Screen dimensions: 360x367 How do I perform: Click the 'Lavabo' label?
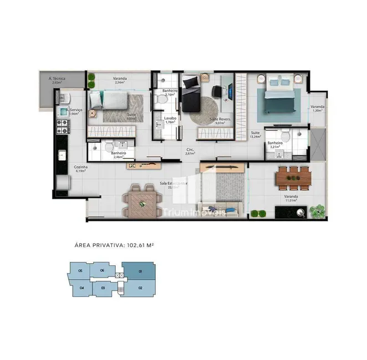point(170,118)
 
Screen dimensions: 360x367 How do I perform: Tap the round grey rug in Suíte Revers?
point(206,111)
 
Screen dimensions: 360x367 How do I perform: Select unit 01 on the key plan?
point(139,272)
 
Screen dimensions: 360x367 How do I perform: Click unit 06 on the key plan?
point(103,271)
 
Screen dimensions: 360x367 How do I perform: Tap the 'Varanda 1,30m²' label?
point(317,108)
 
